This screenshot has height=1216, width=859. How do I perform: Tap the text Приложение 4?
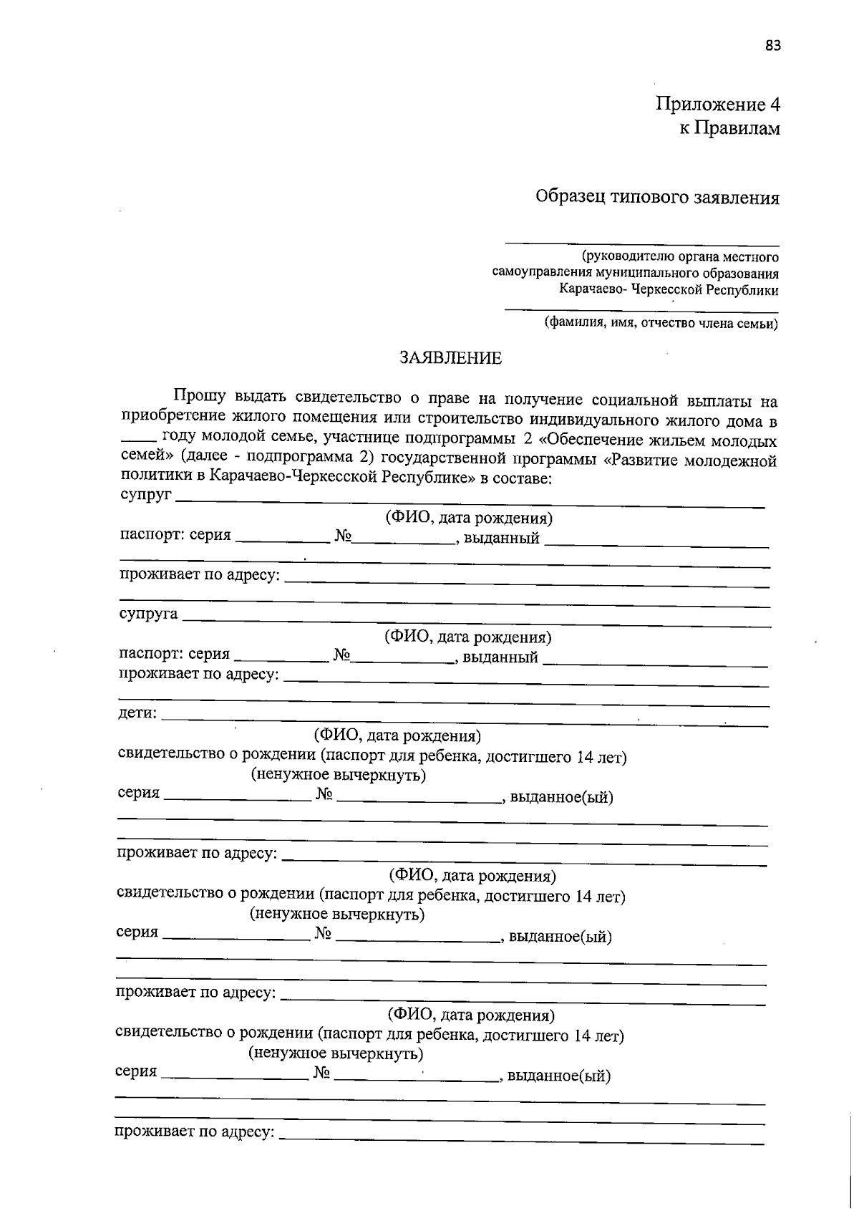(x=718, y=105)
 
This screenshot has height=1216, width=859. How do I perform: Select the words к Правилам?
(x=729, y=129)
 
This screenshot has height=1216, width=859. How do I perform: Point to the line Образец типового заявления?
(x=658, y=198)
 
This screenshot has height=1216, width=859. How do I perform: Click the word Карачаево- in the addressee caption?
(x=593, y=290)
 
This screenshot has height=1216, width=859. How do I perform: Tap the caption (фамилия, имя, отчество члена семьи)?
(x=661, y=323)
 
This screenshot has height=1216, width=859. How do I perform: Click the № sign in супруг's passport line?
(x=343, y=536)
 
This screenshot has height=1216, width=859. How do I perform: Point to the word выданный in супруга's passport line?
(x=500, y=657)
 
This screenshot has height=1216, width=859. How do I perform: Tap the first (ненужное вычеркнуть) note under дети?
(x=338, y=775)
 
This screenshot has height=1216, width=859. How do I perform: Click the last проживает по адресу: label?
(x=195, y=1132)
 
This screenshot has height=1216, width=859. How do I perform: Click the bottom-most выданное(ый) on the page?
(x=558, y=1076)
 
